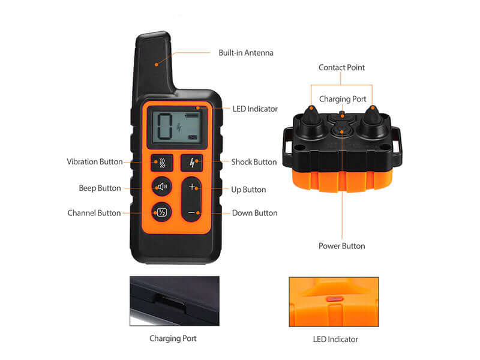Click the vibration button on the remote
point(162,163)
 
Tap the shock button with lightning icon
point(192,163)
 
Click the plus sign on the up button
point(192,187)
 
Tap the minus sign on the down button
point(192,212)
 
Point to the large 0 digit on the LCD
point(164,127)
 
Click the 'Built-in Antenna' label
point(245,53)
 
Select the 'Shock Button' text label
point(254,162)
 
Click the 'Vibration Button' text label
point(95,162)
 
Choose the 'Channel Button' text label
point(94,213)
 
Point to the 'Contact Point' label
point(341,68)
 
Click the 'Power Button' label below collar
point(341,246)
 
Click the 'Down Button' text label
point(254,213)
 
